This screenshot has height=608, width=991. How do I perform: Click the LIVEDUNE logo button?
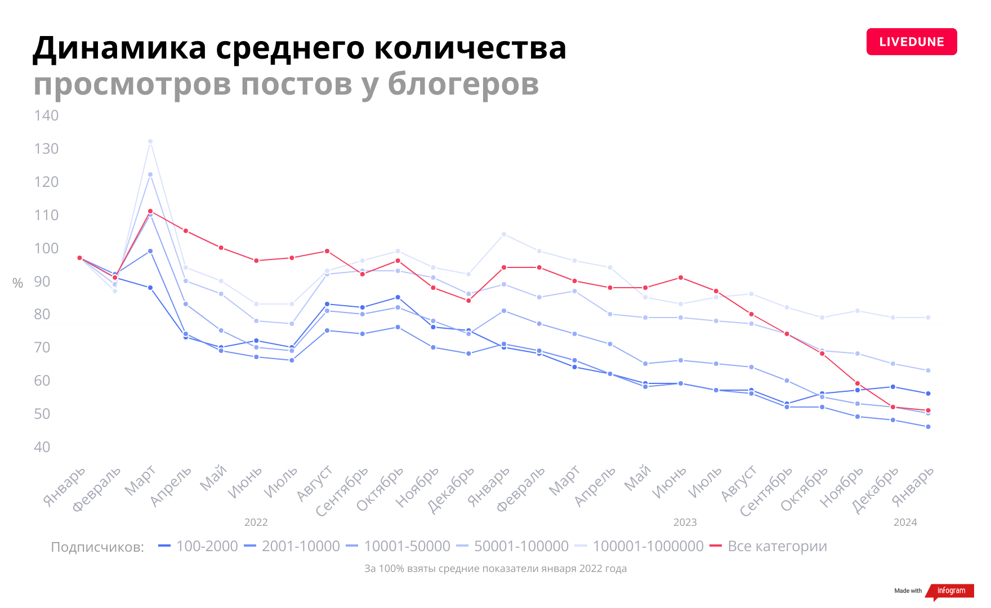coord(911,42)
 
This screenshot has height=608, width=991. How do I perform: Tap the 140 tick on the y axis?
coord(46,115)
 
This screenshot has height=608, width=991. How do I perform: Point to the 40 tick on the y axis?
coord(42,447)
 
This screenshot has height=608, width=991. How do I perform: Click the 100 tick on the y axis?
coord(46,248)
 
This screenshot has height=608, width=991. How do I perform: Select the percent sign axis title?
coord(18,283)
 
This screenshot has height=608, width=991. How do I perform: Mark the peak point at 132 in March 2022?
coord(150,141)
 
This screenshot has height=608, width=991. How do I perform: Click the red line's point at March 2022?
coord(150,211)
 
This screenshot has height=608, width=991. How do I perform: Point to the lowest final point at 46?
coord(928,427)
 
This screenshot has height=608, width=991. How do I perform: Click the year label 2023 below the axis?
coord(685,522)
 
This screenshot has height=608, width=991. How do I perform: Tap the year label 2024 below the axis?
coord(905,522)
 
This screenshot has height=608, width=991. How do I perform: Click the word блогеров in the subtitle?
coord(463,84)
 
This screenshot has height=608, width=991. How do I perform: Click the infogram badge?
coord(950,591)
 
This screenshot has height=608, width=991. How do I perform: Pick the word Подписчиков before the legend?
coord(97,547)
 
